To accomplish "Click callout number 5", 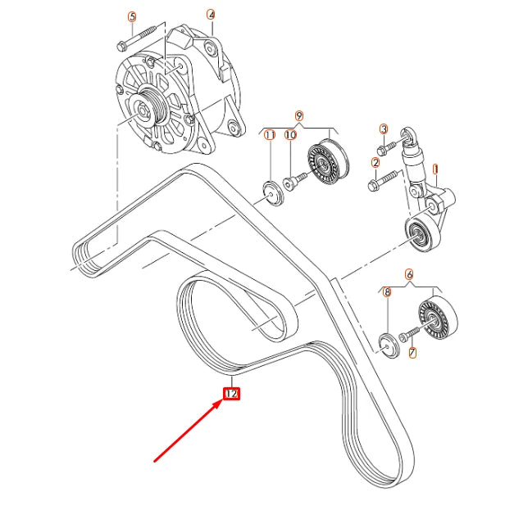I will [132, 16].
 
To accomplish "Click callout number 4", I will [211, 15].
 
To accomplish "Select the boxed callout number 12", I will [232, 394].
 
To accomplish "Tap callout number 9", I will [299, 116].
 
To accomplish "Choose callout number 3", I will [383, 129].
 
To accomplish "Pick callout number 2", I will [375, 163].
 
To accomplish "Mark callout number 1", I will [436, 170].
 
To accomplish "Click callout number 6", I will [409, 276].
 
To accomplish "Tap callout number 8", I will [388, 291].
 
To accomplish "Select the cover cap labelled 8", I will [390, 344].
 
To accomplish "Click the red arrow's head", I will [220, 401].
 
